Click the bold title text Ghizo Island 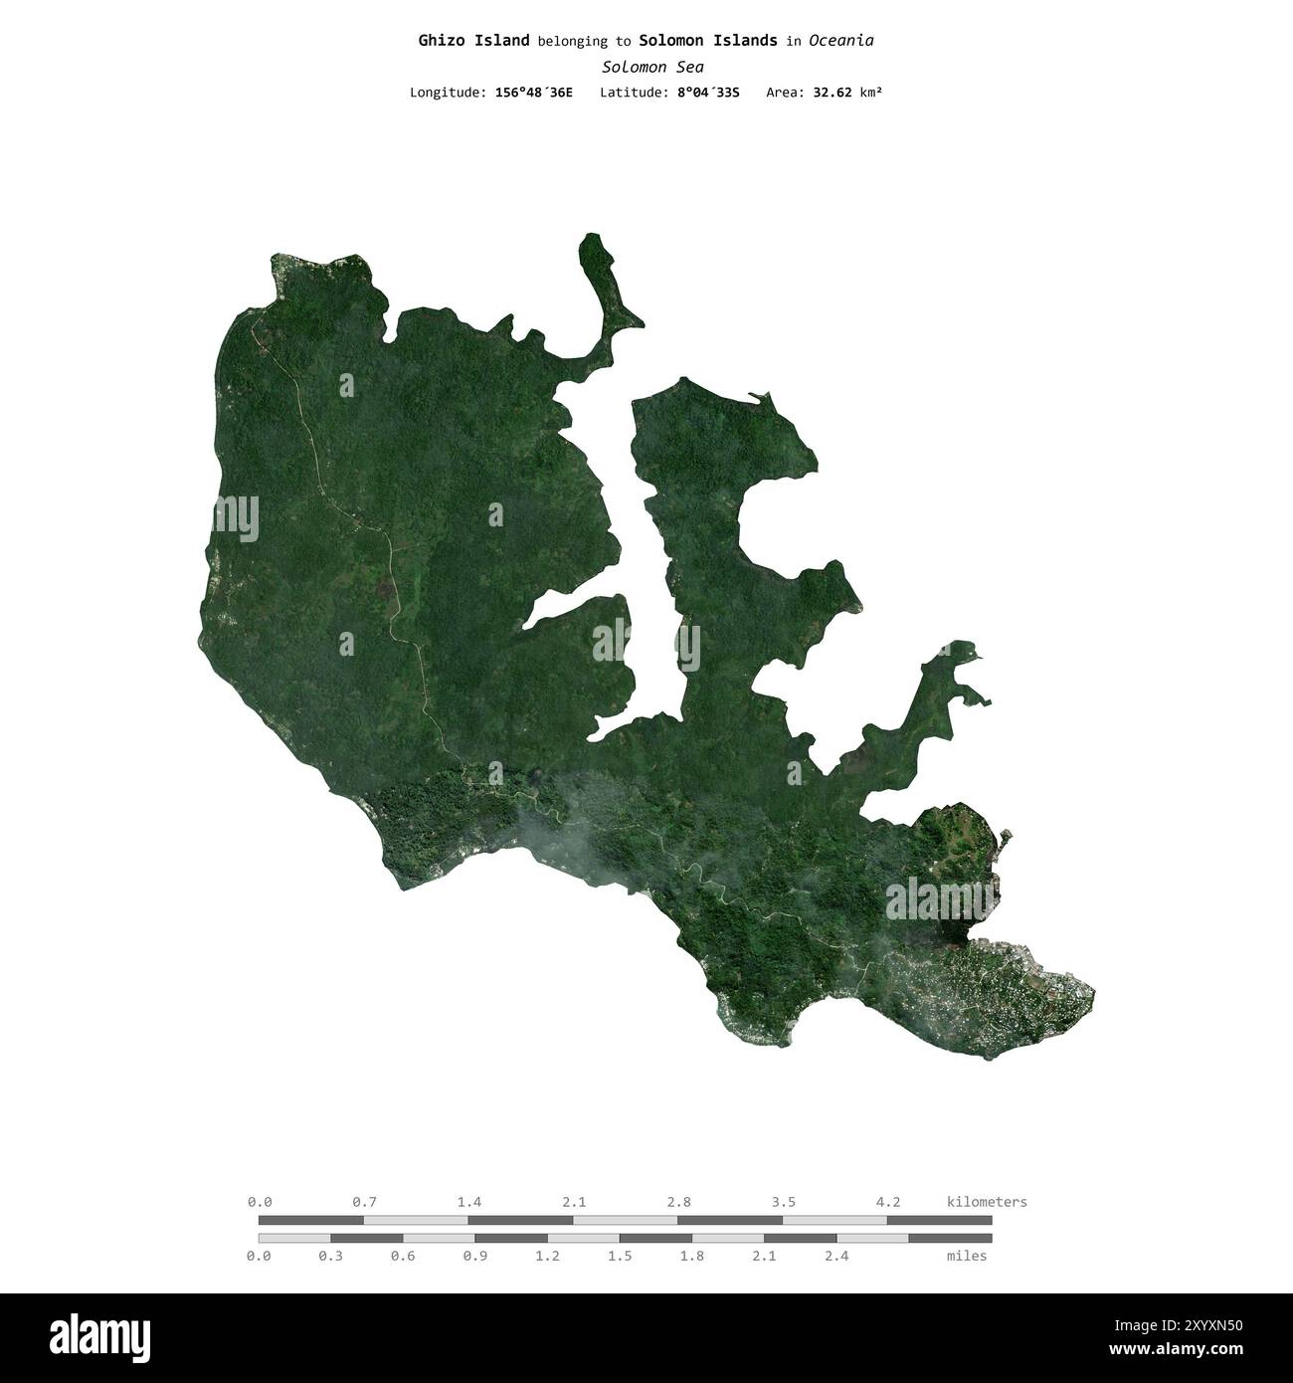473,41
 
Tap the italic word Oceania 840,41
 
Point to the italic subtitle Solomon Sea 646,67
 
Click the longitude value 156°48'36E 533,93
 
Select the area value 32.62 831,93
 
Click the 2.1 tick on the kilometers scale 574,1202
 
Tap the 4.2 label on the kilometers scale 887,1202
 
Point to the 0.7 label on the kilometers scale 364,1202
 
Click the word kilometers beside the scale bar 987,1202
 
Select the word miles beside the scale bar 967,1256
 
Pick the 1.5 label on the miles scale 620,1256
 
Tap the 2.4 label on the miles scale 836,1256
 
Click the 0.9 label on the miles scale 475,1256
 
